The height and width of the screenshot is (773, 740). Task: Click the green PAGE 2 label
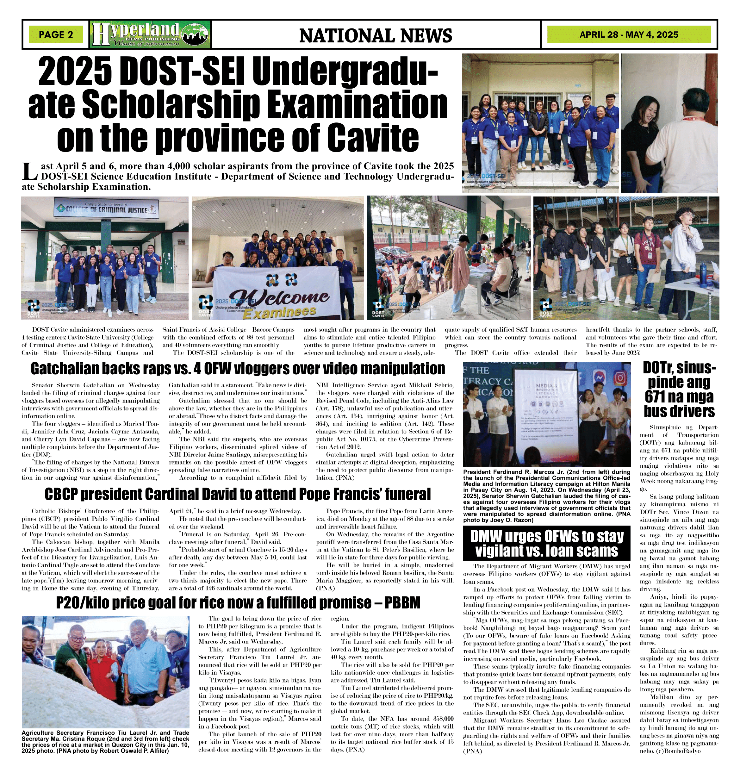(56, 35)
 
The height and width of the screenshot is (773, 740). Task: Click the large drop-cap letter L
(29, 171)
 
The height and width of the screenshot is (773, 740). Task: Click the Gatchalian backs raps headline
(238, 369)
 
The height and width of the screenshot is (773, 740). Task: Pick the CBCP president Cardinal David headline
(238, 494)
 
